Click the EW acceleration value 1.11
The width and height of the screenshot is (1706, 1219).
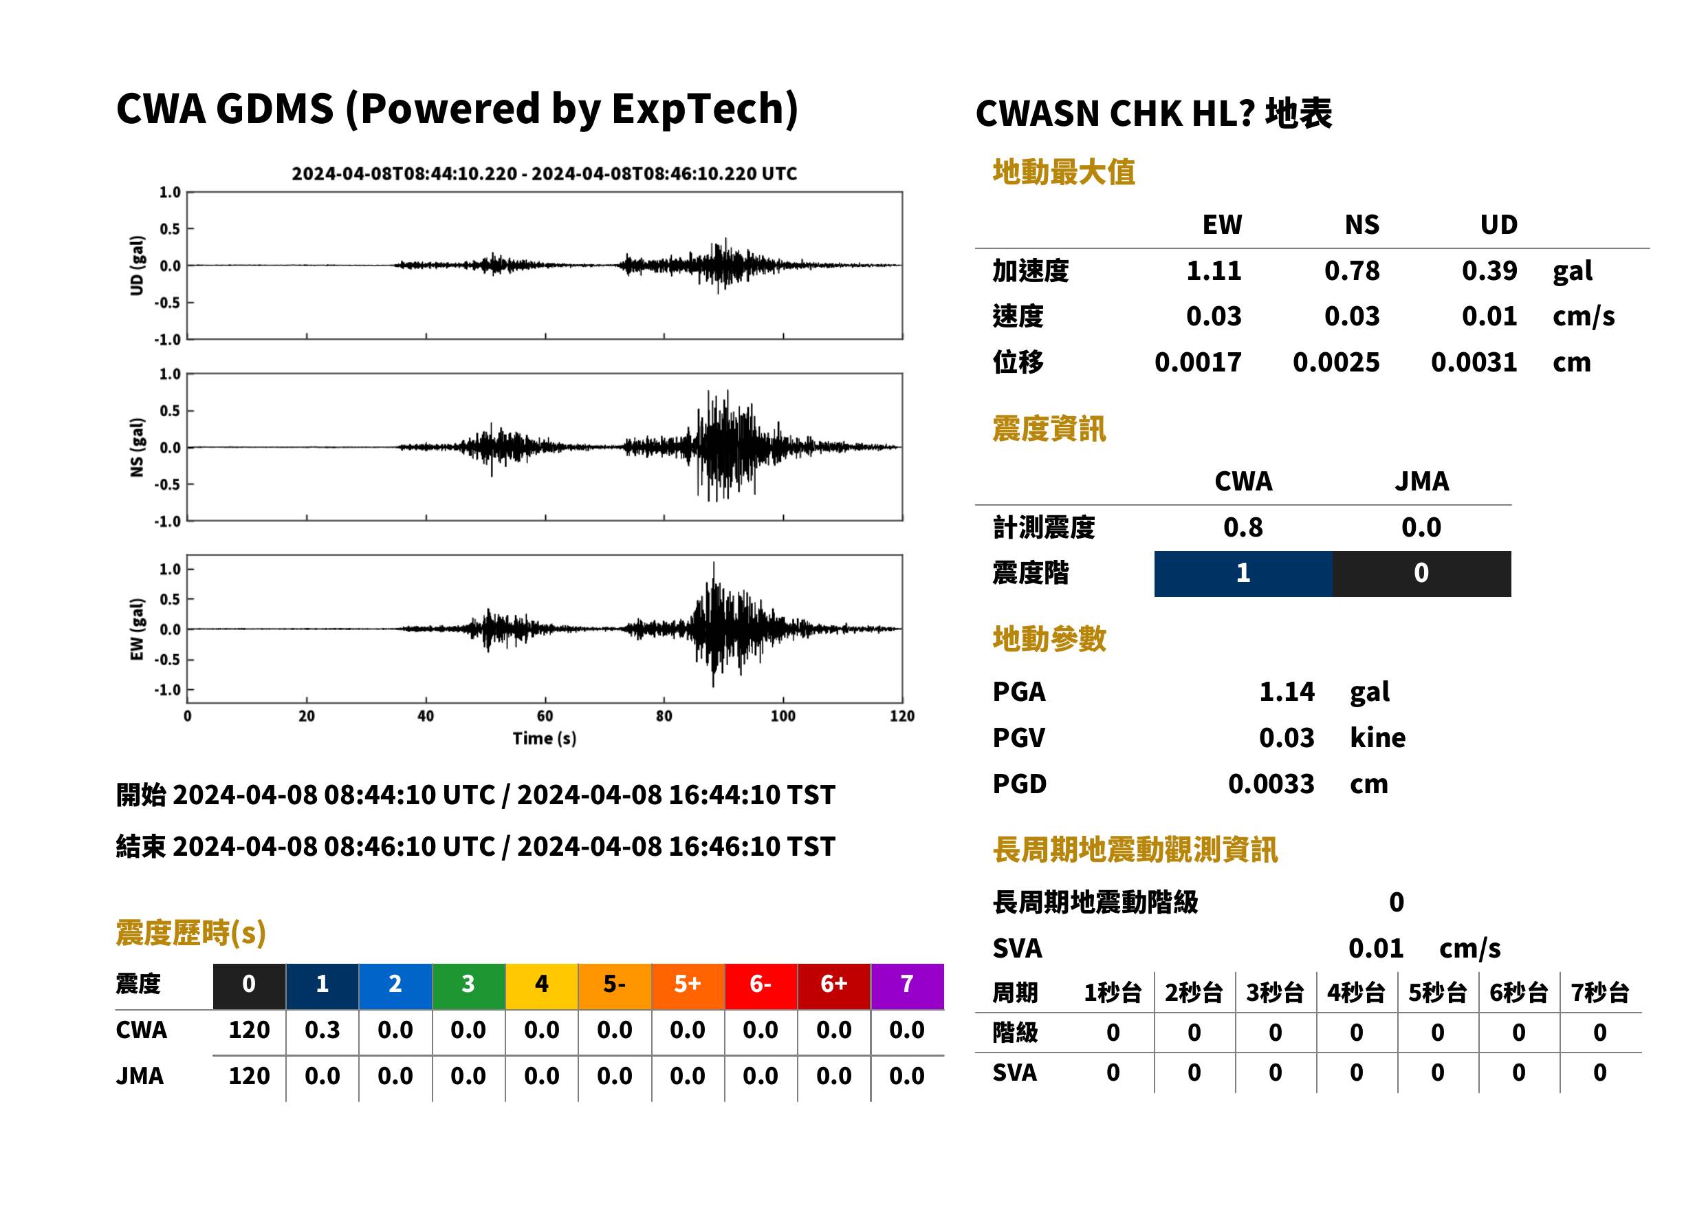click(x=1213, y=270)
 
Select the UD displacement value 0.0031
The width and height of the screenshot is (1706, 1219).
click(x=1474, y=362)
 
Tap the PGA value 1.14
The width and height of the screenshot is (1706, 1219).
click(x=1287, y=691)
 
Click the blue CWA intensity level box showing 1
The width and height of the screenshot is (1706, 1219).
click(x=1243, y=574)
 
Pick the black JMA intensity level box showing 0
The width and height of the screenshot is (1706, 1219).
click(x=1422, y=574)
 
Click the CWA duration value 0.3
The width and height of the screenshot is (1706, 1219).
click(x=322, y=1030)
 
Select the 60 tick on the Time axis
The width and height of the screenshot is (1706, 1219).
click(x=545, y=716)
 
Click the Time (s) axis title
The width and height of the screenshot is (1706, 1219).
click(x=545, y=739)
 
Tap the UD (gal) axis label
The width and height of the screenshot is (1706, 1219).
click(x=137, y=266)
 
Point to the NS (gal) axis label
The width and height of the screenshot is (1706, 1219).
click(x=137, y=447)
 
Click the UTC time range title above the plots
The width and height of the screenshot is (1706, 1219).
click(x=544, y=173)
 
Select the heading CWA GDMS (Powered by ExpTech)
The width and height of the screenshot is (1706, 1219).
click(x=457, y=108)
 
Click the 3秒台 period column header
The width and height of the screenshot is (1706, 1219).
click(x=1275, y=992)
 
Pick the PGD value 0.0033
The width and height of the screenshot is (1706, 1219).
click(x=1271, y=784)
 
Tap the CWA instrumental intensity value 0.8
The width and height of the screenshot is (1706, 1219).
click(x=1243, y=527)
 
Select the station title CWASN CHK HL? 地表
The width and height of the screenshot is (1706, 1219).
click(x=1154, y=114)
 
